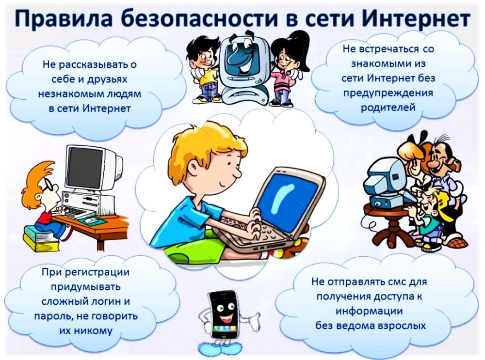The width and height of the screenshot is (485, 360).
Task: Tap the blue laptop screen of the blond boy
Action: (286, 196)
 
